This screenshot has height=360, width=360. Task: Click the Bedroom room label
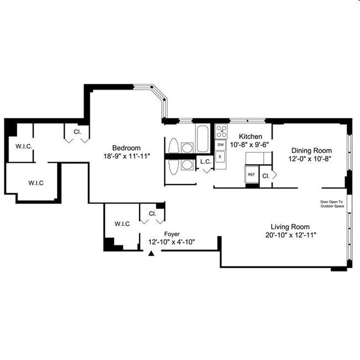click(x=126, y=148)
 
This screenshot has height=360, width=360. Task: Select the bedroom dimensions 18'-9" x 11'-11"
click(x=126, y=156)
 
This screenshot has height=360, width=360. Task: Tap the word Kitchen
click(x=250, y=136)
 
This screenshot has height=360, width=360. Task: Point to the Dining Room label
click(x=311, y=150)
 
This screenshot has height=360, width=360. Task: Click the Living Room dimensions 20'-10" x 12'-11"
click(x=290, y=235)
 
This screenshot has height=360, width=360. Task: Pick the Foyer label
click(x=172, y=234)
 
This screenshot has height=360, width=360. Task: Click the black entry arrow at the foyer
click(x=150, y=253)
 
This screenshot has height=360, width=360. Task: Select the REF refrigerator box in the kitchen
click(x=251, y=174)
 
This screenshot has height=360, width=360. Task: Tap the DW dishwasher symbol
click(x=220, y=145)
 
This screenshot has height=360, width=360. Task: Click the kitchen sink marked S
click(x=220, y=157)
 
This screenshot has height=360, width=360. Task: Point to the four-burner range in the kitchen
click(x=221, y=131)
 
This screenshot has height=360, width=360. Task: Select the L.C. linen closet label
click(x=205, y=162)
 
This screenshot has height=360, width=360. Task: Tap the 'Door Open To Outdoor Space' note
click(x=332, y=204)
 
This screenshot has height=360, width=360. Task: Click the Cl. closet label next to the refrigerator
click(x=266, y=176)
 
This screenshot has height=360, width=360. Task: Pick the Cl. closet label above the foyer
click(x=152, y=213)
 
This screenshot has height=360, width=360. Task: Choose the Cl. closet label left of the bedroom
click(x=77, y=132)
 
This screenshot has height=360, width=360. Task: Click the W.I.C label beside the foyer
click(x=122, y=224)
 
